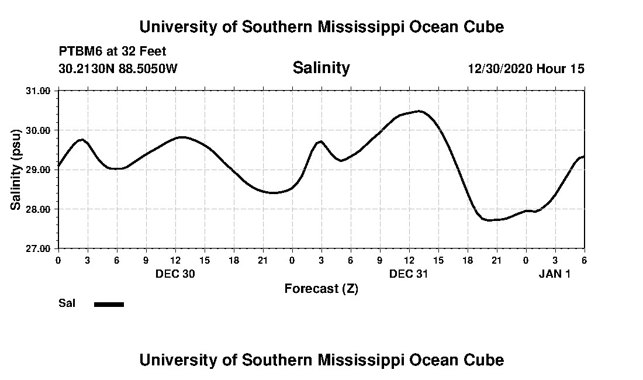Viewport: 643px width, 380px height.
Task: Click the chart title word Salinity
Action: tap(321, 68)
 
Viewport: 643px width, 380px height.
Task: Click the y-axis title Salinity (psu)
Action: tap(16, 170)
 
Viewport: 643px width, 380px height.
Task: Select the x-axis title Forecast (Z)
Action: tap(321, 288)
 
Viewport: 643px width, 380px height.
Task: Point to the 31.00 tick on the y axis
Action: tap(39, 91)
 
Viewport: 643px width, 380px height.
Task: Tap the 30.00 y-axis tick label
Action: tap(39, 130)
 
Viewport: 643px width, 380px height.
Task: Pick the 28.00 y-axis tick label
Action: tap(39, 209)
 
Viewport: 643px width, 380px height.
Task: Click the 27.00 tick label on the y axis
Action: tap(39, 248)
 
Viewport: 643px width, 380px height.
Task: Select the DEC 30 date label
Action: tap(175, 274)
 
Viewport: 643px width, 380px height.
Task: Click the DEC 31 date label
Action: tap(409, 274)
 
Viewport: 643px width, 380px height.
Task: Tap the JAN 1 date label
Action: tap(554, 274)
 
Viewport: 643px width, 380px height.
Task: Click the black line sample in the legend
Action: tap(109, 304)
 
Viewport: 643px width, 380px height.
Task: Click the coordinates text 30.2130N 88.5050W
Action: tap(117, 68)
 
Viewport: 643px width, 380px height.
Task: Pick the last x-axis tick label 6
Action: tap(584, 260)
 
